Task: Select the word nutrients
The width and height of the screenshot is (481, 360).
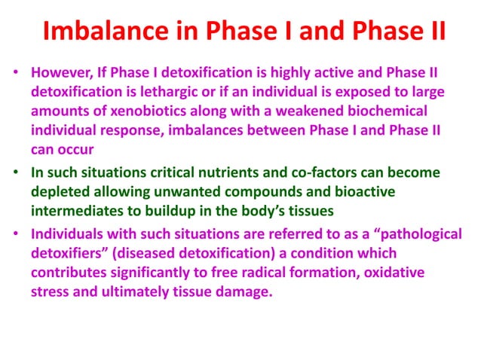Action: (x=239, y=172)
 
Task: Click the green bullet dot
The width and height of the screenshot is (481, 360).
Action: (x=16, y=172)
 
